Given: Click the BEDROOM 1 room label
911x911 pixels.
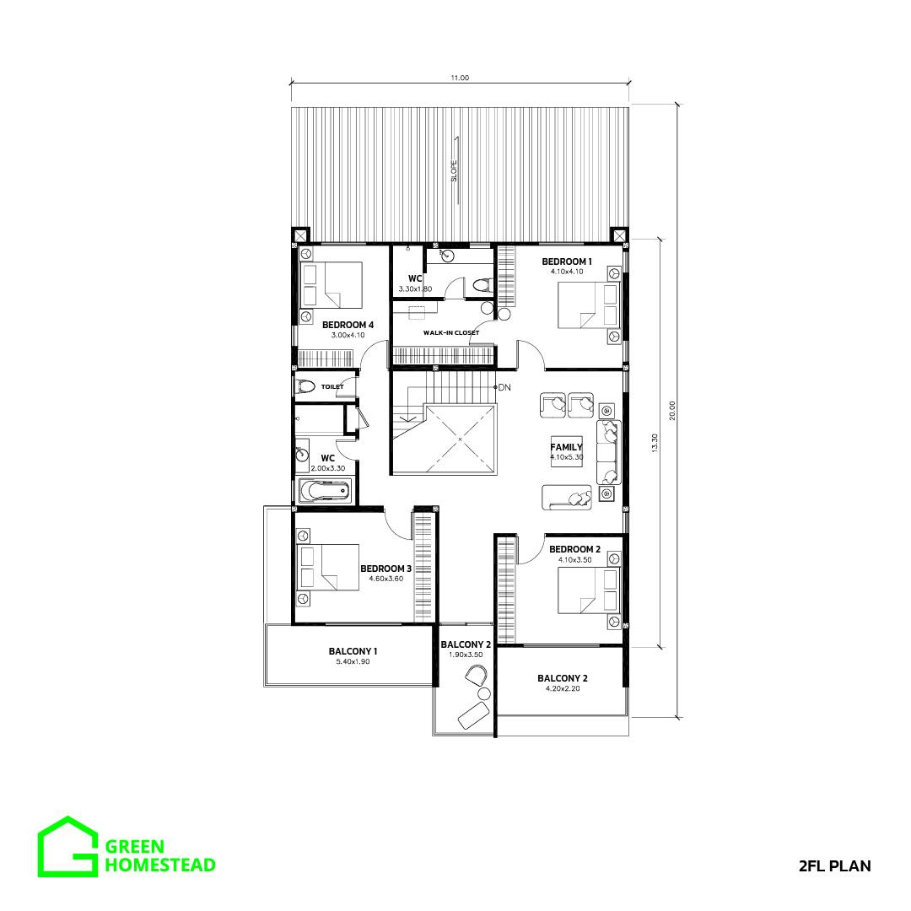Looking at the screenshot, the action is pos(567,261).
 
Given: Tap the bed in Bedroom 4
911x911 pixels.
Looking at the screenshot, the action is pos(332,285).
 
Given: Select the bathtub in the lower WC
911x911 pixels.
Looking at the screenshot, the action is pos(326,491).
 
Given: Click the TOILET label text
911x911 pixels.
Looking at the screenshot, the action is pos(332,386).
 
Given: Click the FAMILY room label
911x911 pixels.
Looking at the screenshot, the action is pos(566,447).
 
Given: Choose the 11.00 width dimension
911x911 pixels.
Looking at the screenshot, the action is pos(460,78).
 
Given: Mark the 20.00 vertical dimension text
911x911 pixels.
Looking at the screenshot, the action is pos(672,410).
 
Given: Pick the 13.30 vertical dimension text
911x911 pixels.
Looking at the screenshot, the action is pos(655,443).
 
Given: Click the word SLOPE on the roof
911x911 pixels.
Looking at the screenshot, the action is pos(454,170).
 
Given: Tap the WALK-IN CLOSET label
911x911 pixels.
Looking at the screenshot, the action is pos(451,333).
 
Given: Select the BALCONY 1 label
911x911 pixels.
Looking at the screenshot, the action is pos(353,651).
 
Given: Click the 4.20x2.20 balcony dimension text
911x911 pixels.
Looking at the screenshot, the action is pos(563,688).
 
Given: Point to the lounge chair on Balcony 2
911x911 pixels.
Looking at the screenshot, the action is pos(473,714).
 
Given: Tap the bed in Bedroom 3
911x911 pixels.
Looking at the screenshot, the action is pos(328,567).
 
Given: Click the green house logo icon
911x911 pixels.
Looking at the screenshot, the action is pos(67,846).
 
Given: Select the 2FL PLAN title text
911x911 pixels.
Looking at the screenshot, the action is pos(835,865).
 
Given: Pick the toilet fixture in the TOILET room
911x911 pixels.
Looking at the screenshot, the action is pos(305,385).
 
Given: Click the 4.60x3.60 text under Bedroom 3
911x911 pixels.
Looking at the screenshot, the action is pos(385,579).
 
